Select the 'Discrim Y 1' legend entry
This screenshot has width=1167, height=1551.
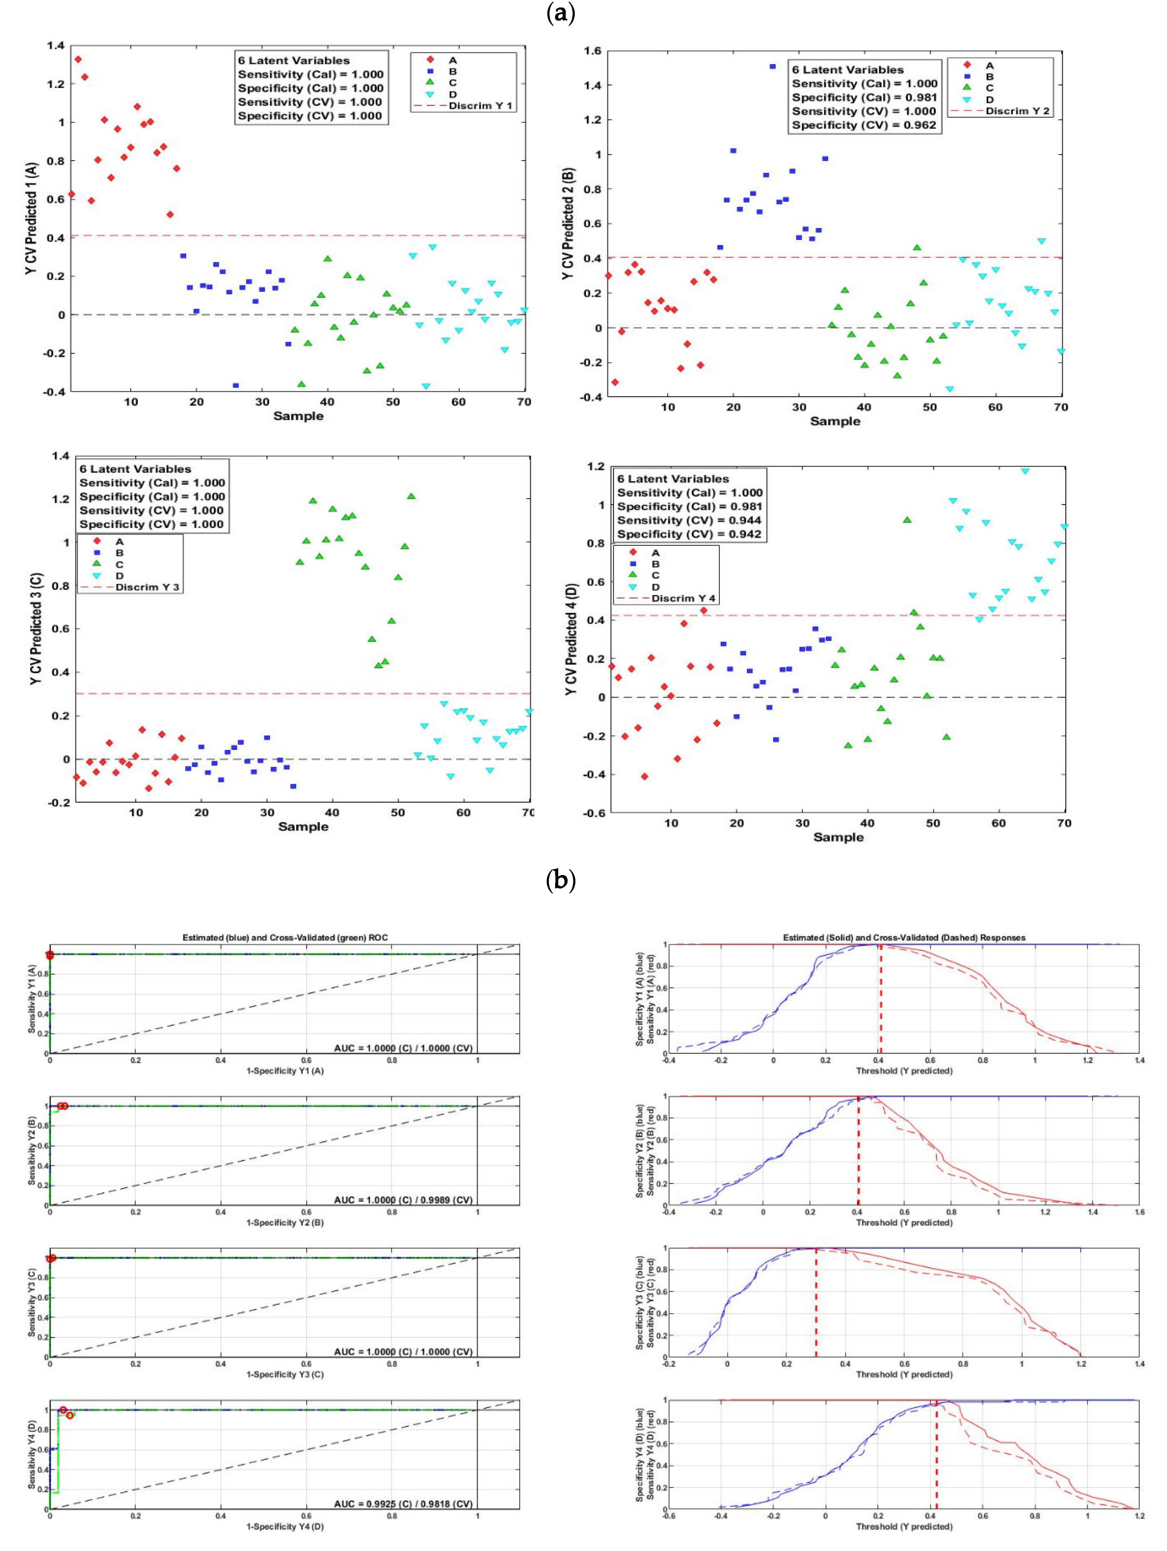[480, 106]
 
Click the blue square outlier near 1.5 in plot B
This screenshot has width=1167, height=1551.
[772, 66]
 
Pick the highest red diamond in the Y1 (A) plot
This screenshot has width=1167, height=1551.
[78, 60]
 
